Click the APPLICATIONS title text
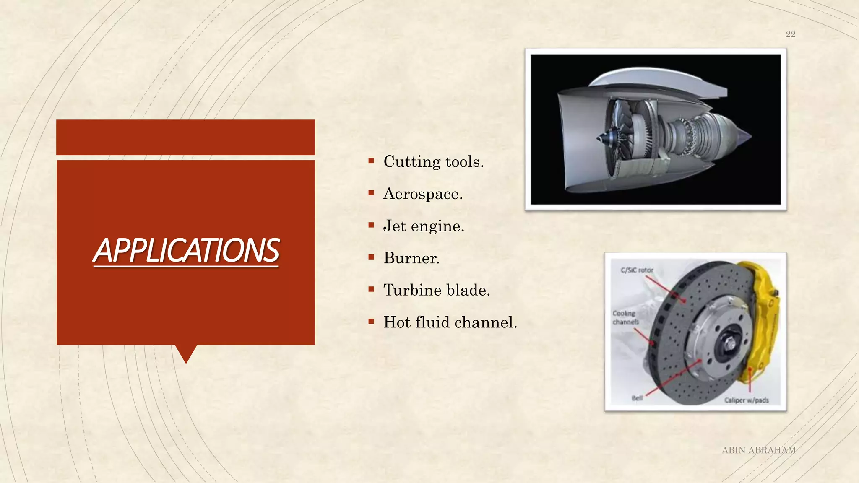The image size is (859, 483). [186, 250]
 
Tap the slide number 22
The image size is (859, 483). [790, 34]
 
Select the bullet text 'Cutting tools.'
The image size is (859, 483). [433, 162]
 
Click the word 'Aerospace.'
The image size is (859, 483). [423, 194]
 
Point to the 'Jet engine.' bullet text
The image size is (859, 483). [424, 226]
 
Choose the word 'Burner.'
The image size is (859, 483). [411, 258]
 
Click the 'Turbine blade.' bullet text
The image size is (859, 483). [437, 290]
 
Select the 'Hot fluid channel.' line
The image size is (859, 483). [450, 322]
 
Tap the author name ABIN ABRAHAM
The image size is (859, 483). [758, 450]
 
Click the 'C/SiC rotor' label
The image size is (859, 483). [637, 270]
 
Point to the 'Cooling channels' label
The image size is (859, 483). [625, 317]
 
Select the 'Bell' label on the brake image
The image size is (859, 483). [637, 398]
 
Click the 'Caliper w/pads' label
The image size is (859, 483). [746, 400]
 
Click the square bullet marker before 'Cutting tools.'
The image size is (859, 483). [371, 161]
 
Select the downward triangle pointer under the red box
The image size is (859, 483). [186, 353]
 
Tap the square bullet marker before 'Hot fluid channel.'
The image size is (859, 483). [371, 322]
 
